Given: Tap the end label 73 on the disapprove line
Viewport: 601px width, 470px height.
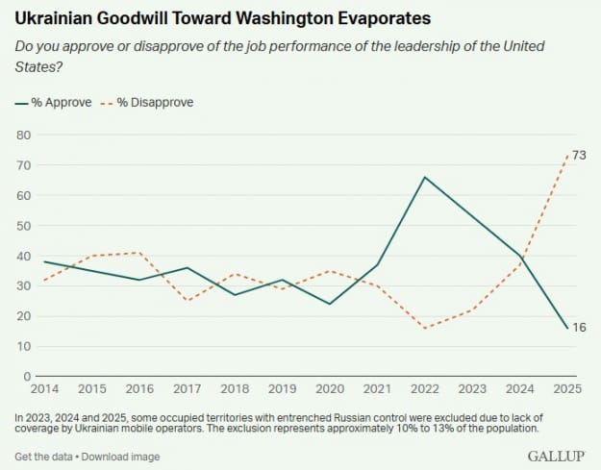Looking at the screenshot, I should (580, 155).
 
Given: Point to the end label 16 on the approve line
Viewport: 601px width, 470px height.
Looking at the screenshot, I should (580, 328).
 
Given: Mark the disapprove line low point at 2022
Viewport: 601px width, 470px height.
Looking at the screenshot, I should (425, 328).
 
